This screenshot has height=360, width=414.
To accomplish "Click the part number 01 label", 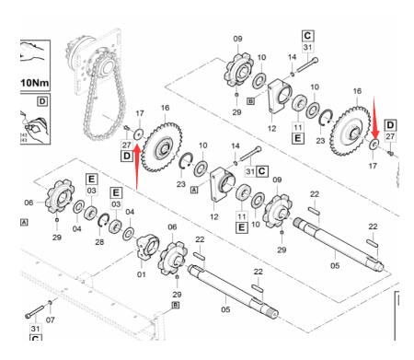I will coord(141,273).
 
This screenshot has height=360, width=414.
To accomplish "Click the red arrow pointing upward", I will coord(136,167).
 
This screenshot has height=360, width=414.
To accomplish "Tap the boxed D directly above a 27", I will coord(390,124).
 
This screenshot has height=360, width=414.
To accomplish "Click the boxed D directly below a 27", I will coord(127,157).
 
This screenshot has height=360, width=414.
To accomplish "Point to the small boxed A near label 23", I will coord(194,191).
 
